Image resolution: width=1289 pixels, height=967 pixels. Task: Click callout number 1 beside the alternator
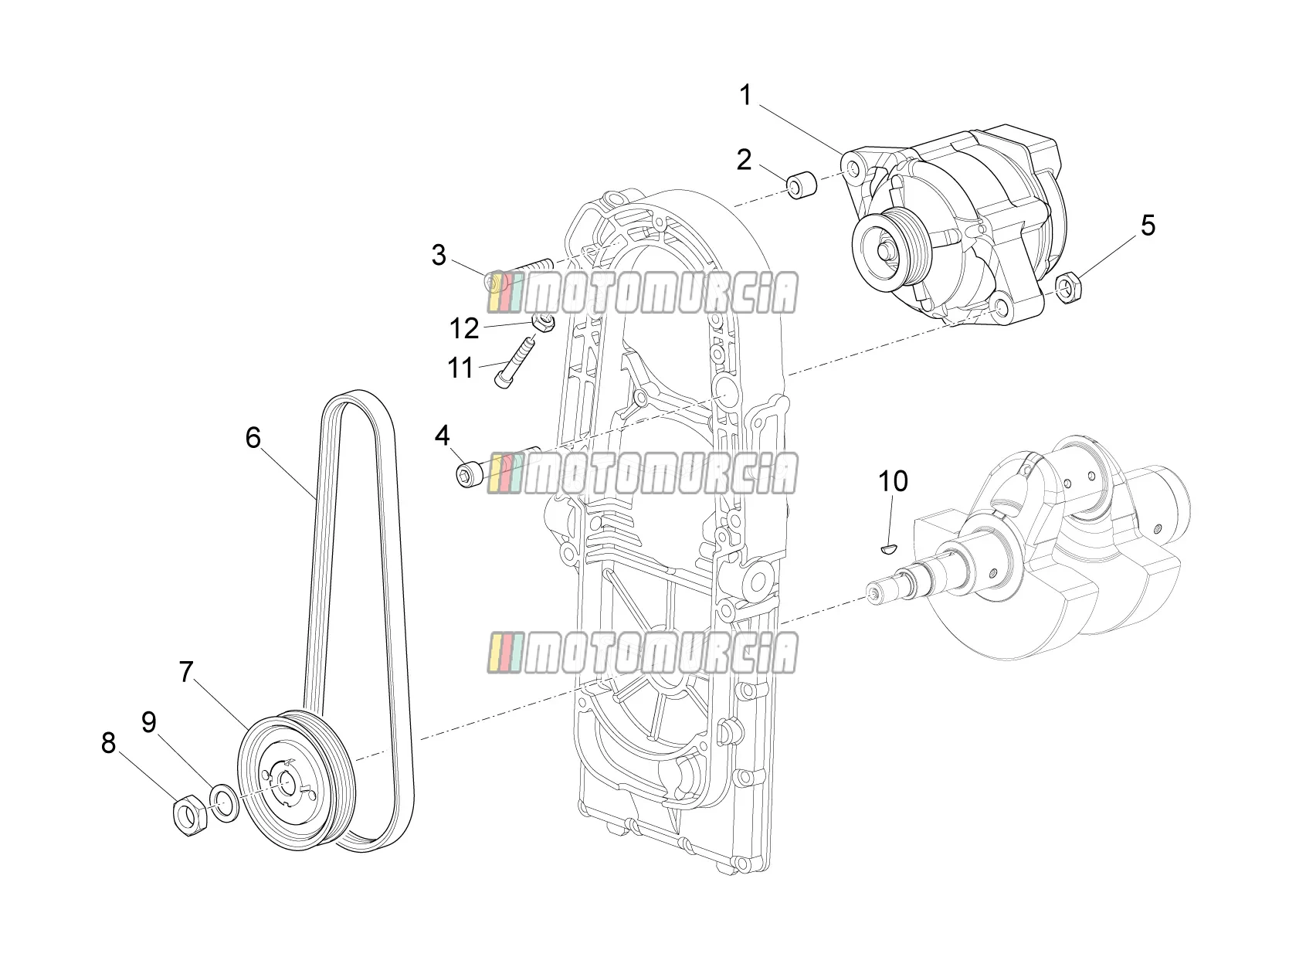pyautogui.click(x=745, y=95)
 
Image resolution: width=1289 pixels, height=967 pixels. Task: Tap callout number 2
pyautogui.click(x=744, y=160)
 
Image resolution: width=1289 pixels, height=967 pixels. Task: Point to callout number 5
pyautogui.click(x=1148, y=226)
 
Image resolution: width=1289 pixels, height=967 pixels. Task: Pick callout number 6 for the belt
pyautogui.click(x=253, y=438)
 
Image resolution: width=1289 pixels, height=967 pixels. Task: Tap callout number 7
pyautogui.click(x=185, y=672)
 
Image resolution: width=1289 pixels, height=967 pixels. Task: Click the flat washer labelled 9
pyautogui.click(x=224, y=802)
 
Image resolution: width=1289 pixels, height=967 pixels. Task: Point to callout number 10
pyautogui.click(x=893, y=481)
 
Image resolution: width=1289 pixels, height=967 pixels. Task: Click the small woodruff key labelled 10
pyautogui.click(x=888, y=550)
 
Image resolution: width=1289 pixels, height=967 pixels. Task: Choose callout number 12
pyautogui.click(x=464, y=329)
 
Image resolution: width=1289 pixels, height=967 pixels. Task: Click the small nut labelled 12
pyautogui.click(x=543, y=322)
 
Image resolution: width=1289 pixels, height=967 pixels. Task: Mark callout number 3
pyautogui.click(x=438, y=256)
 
